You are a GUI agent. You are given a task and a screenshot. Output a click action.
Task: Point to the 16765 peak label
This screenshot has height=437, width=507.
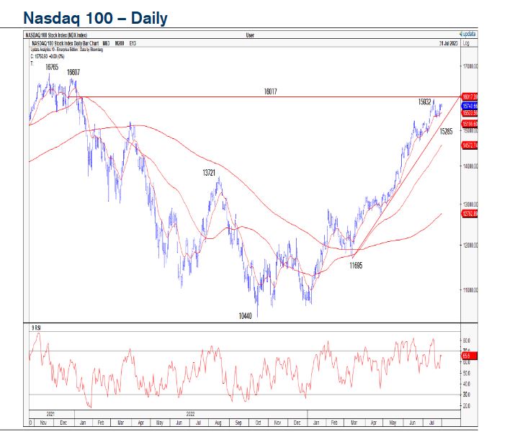click(52, 66)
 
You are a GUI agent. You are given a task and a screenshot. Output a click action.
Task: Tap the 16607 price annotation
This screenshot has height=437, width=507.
click(73, 72)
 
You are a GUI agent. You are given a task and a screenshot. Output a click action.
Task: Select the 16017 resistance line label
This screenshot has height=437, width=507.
click(271, 91)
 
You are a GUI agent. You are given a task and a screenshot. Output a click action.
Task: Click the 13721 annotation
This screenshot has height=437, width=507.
click(210, 173)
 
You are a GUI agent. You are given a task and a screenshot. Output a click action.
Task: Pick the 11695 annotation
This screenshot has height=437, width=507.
click(355, 265)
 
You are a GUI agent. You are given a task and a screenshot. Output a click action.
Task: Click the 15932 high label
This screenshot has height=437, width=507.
click(424, 102)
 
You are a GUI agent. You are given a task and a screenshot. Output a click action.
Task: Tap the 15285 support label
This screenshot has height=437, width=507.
click(446, 132)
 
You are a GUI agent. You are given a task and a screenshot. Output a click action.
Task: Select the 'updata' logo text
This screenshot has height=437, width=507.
click(467, 34)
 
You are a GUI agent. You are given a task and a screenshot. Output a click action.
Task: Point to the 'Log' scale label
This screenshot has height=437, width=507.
click(466, 43)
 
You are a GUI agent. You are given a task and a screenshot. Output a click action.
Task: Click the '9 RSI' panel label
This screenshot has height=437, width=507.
click(36, 328)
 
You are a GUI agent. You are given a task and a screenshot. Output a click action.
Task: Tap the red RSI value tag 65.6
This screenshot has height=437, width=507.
click(466, 356)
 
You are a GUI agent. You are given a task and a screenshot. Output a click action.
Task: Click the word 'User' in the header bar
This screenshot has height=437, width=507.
click(250, 34)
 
